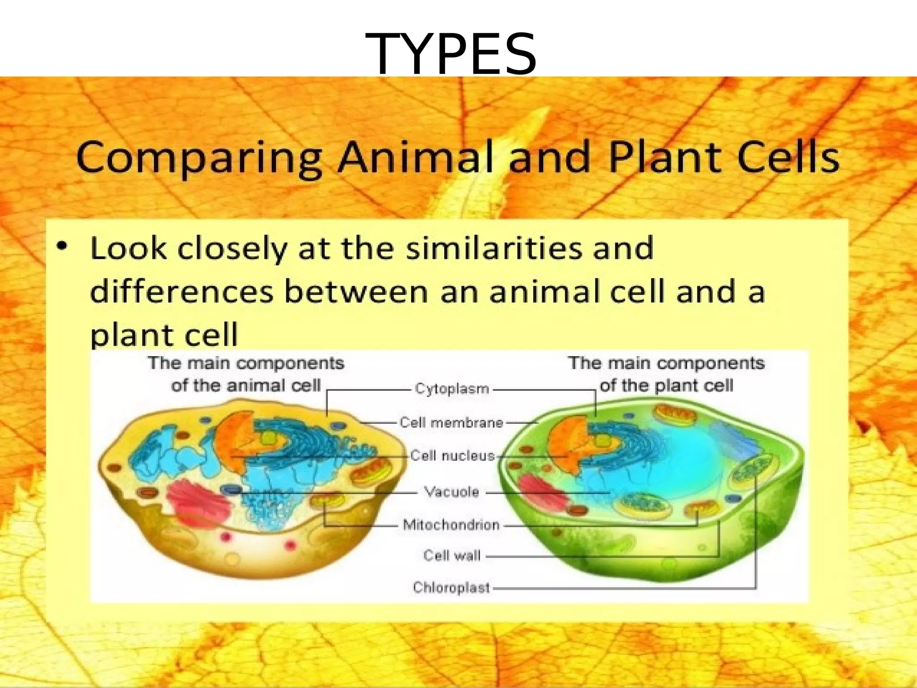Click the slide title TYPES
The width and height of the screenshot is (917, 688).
451,55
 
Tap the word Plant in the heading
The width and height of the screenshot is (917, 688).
667,158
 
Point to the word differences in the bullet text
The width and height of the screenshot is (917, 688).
182,292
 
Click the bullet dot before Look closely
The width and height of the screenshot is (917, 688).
63,246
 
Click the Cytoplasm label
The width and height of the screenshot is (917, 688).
452,389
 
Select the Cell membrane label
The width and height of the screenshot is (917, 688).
451,422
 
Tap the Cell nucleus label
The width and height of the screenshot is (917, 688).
452,456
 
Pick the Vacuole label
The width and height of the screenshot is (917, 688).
451,492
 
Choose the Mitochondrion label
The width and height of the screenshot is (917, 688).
451,525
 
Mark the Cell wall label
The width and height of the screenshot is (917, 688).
452,556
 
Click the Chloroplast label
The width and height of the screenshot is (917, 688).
451,587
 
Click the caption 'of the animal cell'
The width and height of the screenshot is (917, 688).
246,386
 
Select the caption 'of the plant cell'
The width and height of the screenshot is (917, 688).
666,386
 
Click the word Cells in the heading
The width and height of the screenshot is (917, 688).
788,158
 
